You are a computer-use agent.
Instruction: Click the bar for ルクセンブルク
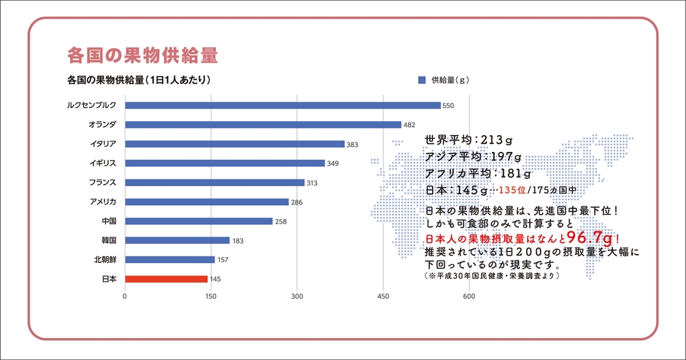[282, 105]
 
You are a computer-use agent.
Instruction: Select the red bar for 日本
[166, 278]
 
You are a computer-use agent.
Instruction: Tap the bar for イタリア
[234, 144]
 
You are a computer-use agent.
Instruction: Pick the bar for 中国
[199, 221]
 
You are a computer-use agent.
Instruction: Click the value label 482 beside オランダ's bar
[409, 125]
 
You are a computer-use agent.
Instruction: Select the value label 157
[223, 259]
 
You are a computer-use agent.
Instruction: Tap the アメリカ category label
[103, 202]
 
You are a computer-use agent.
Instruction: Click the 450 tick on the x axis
[383, 296]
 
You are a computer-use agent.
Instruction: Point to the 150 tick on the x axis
[212, 296]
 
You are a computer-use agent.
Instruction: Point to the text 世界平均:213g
[469, 139]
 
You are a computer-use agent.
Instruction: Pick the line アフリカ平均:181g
[478, 173]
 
